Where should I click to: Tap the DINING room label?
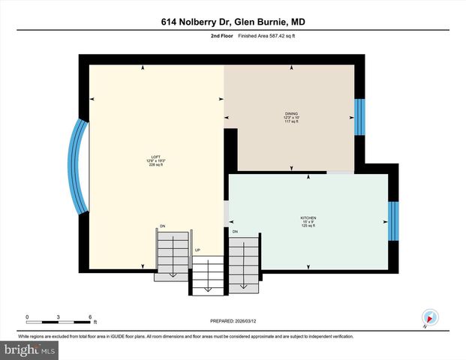291,113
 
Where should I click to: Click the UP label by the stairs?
198,250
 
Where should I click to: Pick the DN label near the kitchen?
235,232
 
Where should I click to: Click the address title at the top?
233,22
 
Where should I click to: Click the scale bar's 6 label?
90,317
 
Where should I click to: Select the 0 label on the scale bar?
27,317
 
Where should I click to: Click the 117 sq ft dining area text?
291,122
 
